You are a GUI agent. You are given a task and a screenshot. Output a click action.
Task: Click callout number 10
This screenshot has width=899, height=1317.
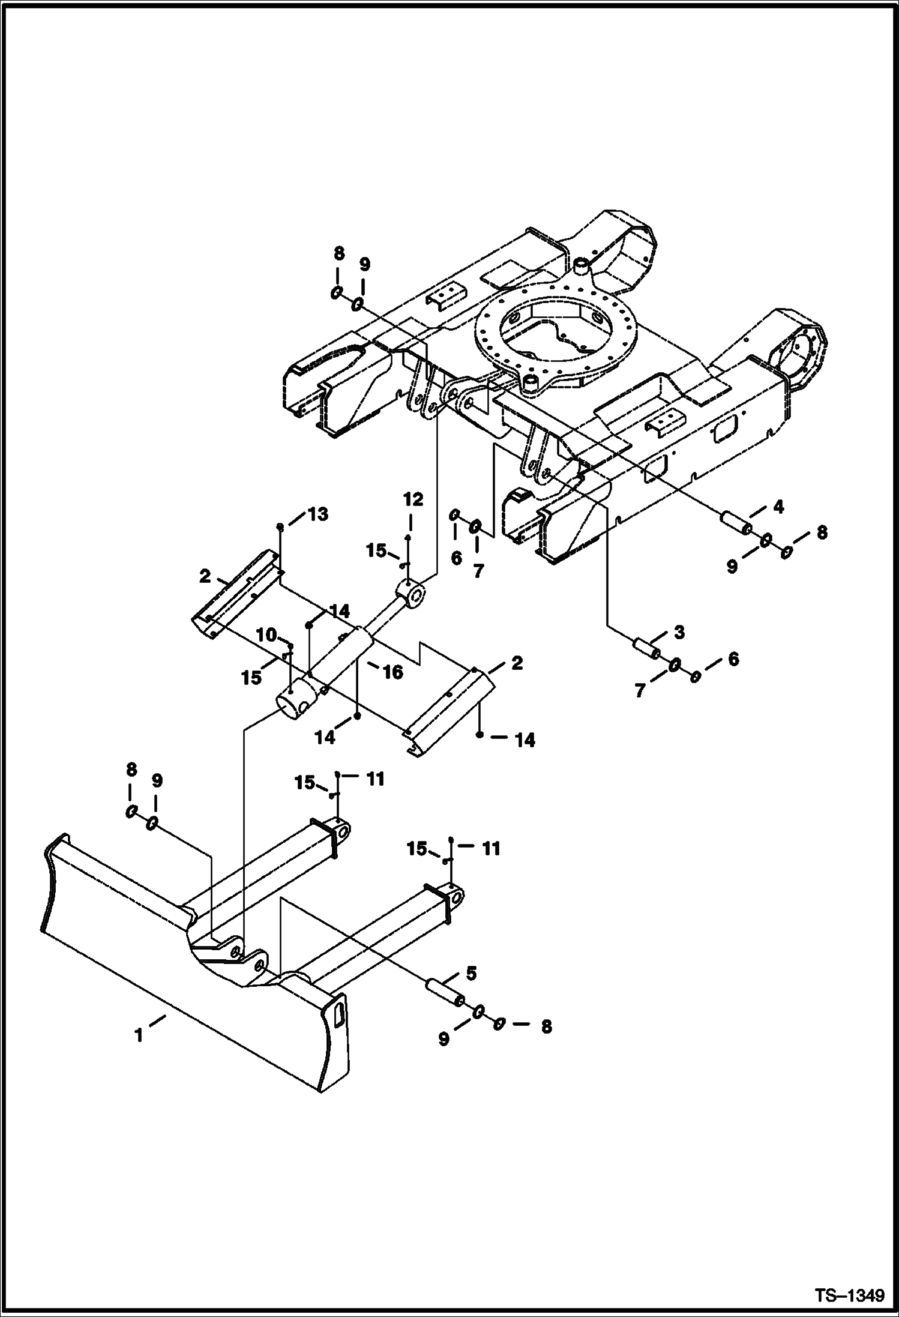click(x=266, y=634)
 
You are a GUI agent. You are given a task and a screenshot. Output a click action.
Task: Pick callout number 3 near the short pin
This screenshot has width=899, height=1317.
click(x=678, y=632)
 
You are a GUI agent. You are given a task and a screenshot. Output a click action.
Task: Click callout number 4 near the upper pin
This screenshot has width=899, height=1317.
click(x=778, y=507)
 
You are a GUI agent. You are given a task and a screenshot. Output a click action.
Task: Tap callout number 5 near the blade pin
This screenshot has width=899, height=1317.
click(x=471, y=974)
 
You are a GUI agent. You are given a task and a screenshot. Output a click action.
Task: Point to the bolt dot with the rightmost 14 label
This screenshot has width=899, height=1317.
click(x=480, y=735)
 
